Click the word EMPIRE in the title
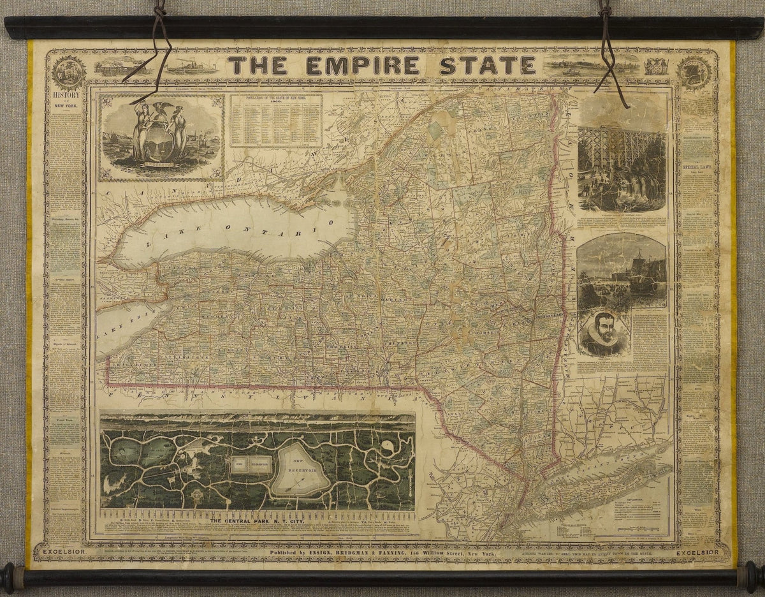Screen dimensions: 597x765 tap(362, 66)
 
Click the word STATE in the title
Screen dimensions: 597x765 tap(487, 66)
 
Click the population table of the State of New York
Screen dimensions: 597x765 tap(275, 121)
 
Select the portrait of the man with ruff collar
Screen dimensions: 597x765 tap(599, 334)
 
